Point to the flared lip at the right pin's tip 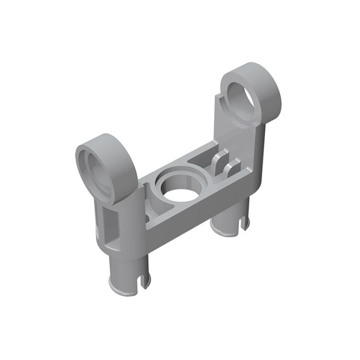tap(226, 245)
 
